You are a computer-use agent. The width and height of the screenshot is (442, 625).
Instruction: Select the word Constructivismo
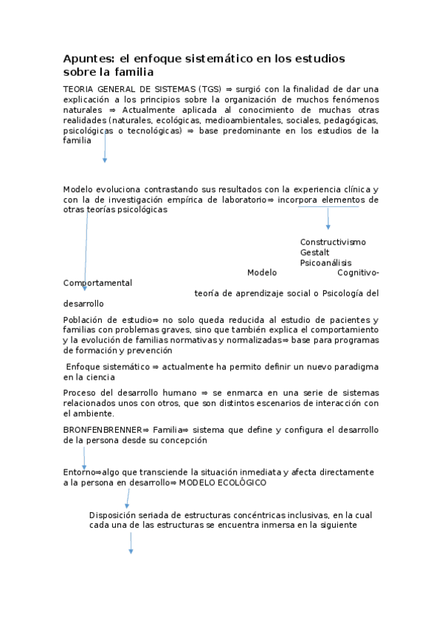tap(333, 242)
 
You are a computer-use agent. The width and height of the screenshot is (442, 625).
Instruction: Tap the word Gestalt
tap(314, 253)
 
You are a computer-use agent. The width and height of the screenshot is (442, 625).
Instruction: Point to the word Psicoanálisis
tap(325, 263)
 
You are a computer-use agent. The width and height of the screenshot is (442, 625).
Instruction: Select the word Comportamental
tap(97, 283)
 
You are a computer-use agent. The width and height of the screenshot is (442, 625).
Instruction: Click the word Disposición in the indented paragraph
tap(114, 515)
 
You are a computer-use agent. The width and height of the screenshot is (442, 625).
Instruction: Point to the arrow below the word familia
tap(105, 151)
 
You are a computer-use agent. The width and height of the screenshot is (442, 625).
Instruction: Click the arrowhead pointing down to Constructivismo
tap(328, 226)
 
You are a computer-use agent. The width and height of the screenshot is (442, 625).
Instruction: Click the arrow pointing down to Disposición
tap(126, 499)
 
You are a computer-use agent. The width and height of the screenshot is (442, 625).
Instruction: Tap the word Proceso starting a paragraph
tap(80, 393)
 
